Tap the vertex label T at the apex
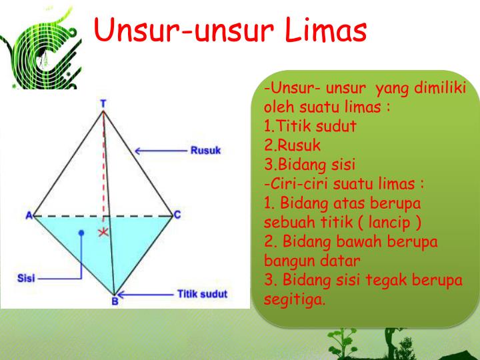click(103, 104)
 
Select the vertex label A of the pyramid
click(29, 215)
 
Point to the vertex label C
click(177, 215)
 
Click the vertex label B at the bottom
click(115, 301)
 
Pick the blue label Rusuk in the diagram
click(205, 150)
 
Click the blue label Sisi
click(26, 278)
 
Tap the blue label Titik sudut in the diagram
click(203, 294)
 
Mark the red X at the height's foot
click(103, 233)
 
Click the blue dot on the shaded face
click(81, 233)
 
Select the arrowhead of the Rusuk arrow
click(137, 151)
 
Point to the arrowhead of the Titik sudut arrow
click(120, 295)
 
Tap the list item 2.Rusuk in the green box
click(293, 145)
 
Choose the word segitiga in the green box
click(294, 300)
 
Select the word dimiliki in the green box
click(440, 87)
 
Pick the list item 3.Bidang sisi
click(309, 165)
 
